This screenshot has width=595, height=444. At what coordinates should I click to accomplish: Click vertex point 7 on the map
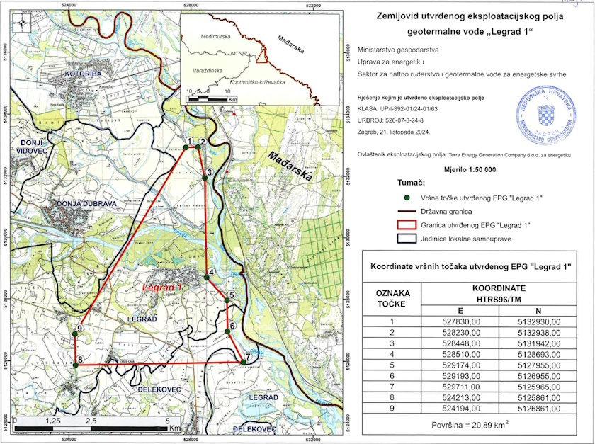click(243, 363)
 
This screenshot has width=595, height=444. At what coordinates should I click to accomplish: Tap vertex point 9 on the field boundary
click(76, 334)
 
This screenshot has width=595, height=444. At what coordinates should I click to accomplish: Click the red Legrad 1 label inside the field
click(162, 288)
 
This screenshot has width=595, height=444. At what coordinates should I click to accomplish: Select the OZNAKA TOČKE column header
click(391, 298)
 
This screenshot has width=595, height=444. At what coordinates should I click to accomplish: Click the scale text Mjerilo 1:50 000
click(470, 170)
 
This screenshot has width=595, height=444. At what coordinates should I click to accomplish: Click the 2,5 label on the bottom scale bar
click(91, 420)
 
